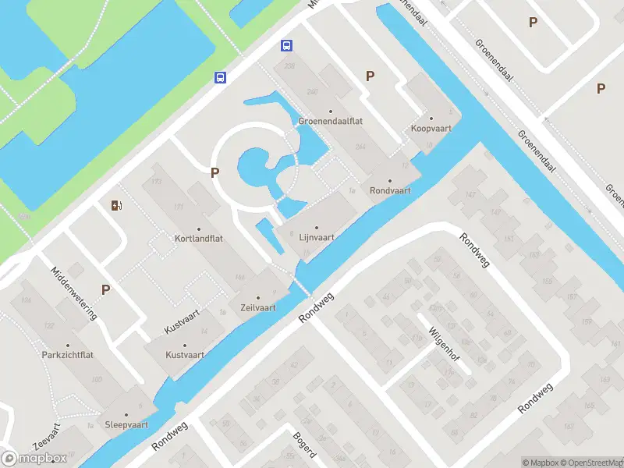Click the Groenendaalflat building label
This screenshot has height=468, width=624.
[x=330, y=121]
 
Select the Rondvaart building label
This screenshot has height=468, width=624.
[x=390, y=190]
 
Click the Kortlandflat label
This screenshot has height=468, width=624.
[x=199, y=237]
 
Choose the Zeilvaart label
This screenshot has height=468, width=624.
[x=258, y=307]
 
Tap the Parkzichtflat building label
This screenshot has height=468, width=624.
[x=68, y=354]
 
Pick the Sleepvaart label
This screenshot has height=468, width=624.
[x=126, y=425]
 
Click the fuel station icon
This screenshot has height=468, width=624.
[x=116, y=205]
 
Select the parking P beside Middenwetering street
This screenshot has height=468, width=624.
[x=105, y=289]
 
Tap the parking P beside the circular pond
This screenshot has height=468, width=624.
[x=214, y=173]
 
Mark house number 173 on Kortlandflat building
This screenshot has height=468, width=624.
[x=156, y=182]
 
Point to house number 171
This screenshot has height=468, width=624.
[x=179, y=207]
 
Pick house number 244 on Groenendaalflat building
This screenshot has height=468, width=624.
[x=360, y=147]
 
